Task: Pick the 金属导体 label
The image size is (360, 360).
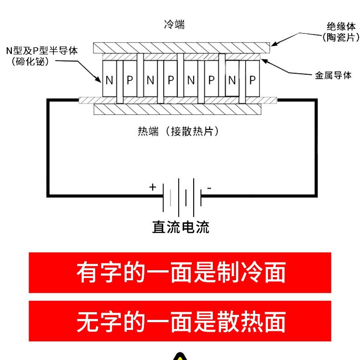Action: pyautogui.click(x=333, y=76)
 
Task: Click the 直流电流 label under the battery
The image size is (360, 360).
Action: pyautogui.click(x=180, y=226)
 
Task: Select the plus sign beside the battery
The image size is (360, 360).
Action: pyautogui.click(x=153, y=187)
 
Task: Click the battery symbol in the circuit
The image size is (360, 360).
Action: pyautogui.click(x=182, y=197)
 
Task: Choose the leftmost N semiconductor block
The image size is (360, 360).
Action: pyautogui.click(x=109, y=80)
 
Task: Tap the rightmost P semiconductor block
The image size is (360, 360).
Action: pyautogui.click(x=252, y=80)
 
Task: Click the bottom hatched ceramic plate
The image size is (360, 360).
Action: pyautogui.click(x=177, y=109)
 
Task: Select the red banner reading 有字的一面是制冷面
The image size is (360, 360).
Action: pyautogui.click(x=180, y=273)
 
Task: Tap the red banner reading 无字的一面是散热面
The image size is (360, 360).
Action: pyautogui.click(x=180, y=321)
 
